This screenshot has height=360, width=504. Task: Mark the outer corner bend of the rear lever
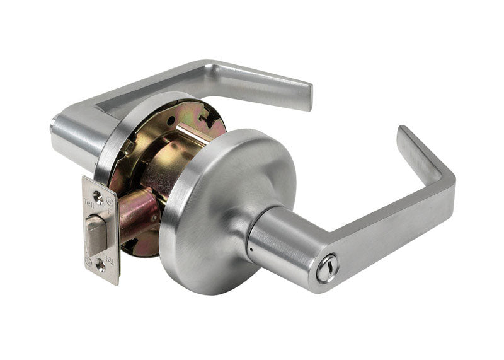211,66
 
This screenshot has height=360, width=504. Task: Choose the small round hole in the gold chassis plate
170,120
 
